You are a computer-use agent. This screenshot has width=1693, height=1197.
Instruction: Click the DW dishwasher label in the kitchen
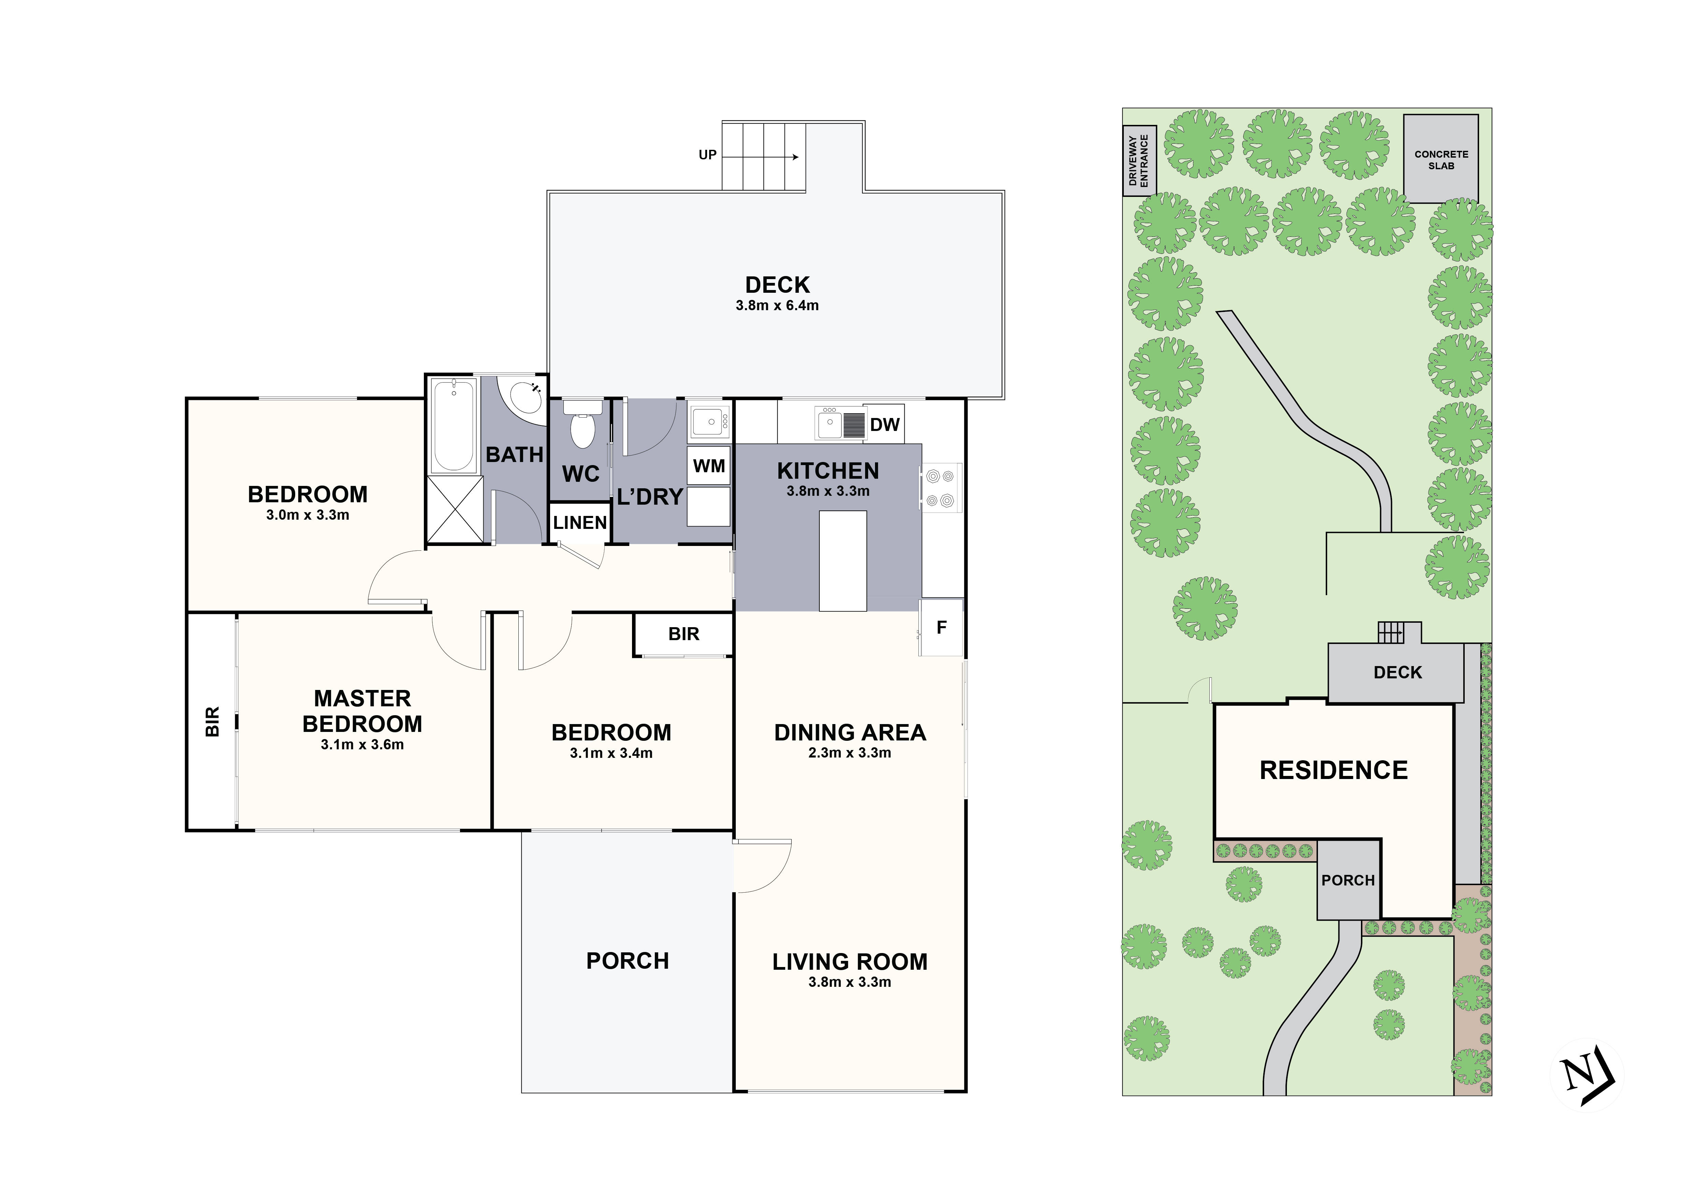pos(885,424)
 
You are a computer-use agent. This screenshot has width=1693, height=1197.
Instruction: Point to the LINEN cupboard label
pos(580,523)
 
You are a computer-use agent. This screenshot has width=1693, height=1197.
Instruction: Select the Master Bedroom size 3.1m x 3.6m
pos(362,745)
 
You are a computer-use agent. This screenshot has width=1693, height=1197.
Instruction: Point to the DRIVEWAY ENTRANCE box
pos(1139,161)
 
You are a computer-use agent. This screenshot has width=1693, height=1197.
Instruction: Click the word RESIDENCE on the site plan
pos(1333,770)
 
